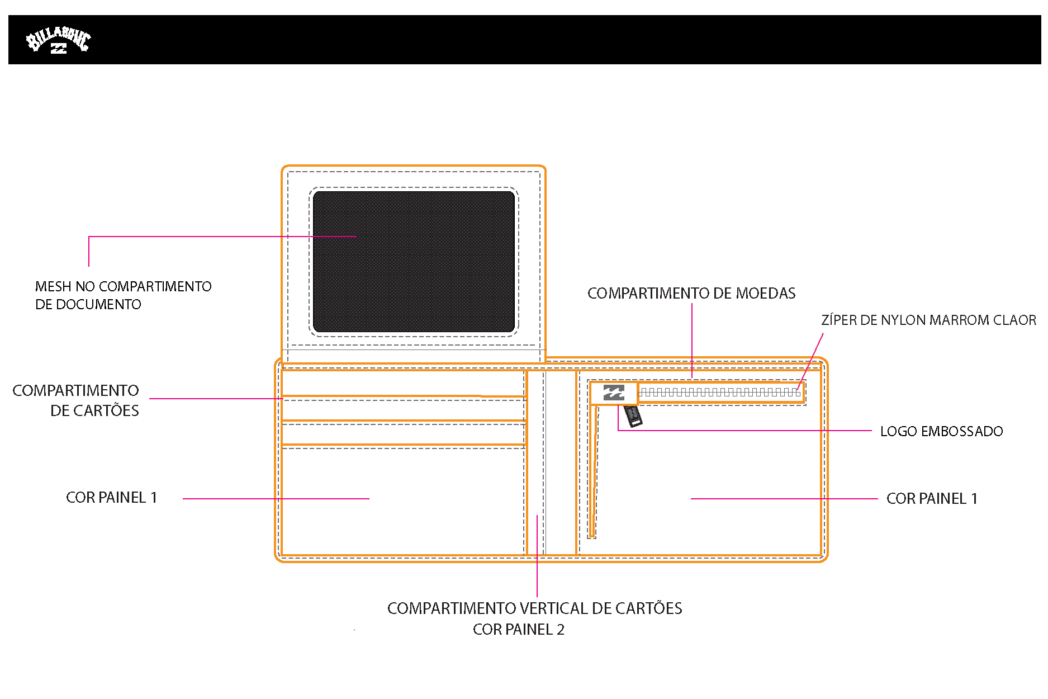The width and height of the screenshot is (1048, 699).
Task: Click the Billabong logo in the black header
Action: [58, 40]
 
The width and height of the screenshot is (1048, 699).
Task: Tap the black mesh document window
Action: [414, 262]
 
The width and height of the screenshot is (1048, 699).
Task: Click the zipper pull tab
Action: [633, 415]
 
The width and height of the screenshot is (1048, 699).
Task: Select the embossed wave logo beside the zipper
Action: [614, 393]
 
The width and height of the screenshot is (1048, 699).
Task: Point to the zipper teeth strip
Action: [719, 393]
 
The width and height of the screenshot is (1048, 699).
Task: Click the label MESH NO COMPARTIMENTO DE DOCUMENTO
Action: [123, 295]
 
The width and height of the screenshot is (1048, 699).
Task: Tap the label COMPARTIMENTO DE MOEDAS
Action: [691, 293]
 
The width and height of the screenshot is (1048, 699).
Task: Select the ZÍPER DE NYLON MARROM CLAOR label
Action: [928, 320]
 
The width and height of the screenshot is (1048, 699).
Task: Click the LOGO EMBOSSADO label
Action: [941, 431]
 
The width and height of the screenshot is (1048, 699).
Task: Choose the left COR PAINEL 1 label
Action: [111, 497]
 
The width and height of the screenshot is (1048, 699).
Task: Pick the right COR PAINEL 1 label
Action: [932, 498]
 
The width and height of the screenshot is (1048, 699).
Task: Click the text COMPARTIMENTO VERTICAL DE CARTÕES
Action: [534, 608]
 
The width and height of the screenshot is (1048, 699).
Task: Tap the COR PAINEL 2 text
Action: [519, 629]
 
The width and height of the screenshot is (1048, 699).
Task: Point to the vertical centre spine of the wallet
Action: [551, 462]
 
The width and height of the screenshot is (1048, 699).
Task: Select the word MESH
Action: [53, 286]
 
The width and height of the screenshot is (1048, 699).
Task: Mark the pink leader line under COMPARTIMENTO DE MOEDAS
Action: [692, 341]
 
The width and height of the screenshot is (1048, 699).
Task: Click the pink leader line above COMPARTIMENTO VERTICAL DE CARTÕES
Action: [537, 556]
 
